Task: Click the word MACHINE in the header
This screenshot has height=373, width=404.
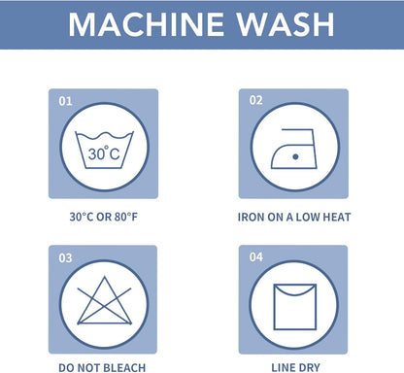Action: click(147, 24)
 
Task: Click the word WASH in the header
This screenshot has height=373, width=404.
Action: click(286, 24)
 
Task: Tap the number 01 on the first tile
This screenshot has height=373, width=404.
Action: click(65, 101)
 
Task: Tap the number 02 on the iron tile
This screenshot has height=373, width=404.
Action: click(255, 100)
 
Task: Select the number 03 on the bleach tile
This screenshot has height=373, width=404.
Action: click(65, 258)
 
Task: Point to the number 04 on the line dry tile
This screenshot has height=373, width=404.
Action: click(256, 257)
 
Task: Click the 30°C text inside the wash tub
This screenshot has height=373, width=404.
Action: click(104, 153)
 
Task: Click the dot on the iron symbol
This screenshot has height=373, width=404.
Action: click(295, 156)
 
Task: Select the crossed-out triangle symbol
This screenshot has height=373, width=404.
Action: click(105, 301)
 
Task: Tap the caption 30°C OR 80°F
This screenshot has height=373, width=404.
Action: click(104, 217)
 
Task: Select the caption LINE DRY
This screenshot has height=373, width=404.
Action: click(295, 368)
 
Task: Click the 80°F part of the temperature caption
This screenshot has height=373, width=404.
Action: click(126, 217)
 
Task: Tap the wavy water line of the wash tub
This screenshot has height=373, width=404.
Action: click(104, 136)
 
